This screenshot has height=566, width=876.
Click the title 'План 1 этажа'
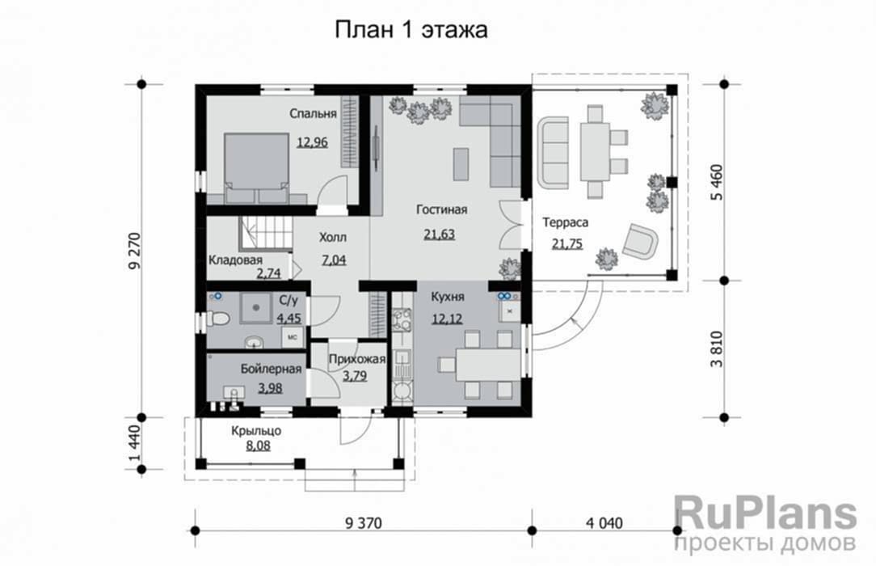click(411, 30)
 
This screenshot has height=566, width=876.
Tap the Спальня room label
click(313, 113)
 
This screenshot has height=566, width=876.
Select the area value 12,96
click(312, 142)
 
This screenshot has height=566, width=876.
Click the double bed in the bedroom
click(256, 167)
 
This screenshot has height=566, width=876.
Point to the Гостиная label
click(441, 209)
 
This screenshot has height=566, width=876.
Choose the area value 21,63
click(439, 234)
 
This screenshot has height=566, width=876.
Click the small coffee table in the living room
click(461, 163)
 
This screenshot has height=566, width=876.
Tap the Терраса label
click(566, 222)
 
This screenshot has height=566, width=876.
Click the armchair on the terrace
click(640, 241)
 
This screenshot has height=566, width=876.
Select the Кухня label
click(448, 297)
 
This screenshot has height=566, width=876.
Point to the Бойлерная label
click(271, 369)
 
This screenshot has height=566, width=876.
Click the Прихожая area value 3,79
click(355, 375)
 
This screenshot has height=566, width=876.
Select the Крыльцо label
click(256, 431)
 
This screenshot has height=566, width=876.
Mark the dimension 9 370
click(363, 523)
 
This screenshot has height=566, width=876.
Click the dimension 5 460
click(717, 182)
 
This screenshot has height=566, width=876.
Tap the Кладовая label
click(235, 260)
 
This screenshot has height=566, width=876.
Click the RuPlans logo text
click(765, 513)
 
